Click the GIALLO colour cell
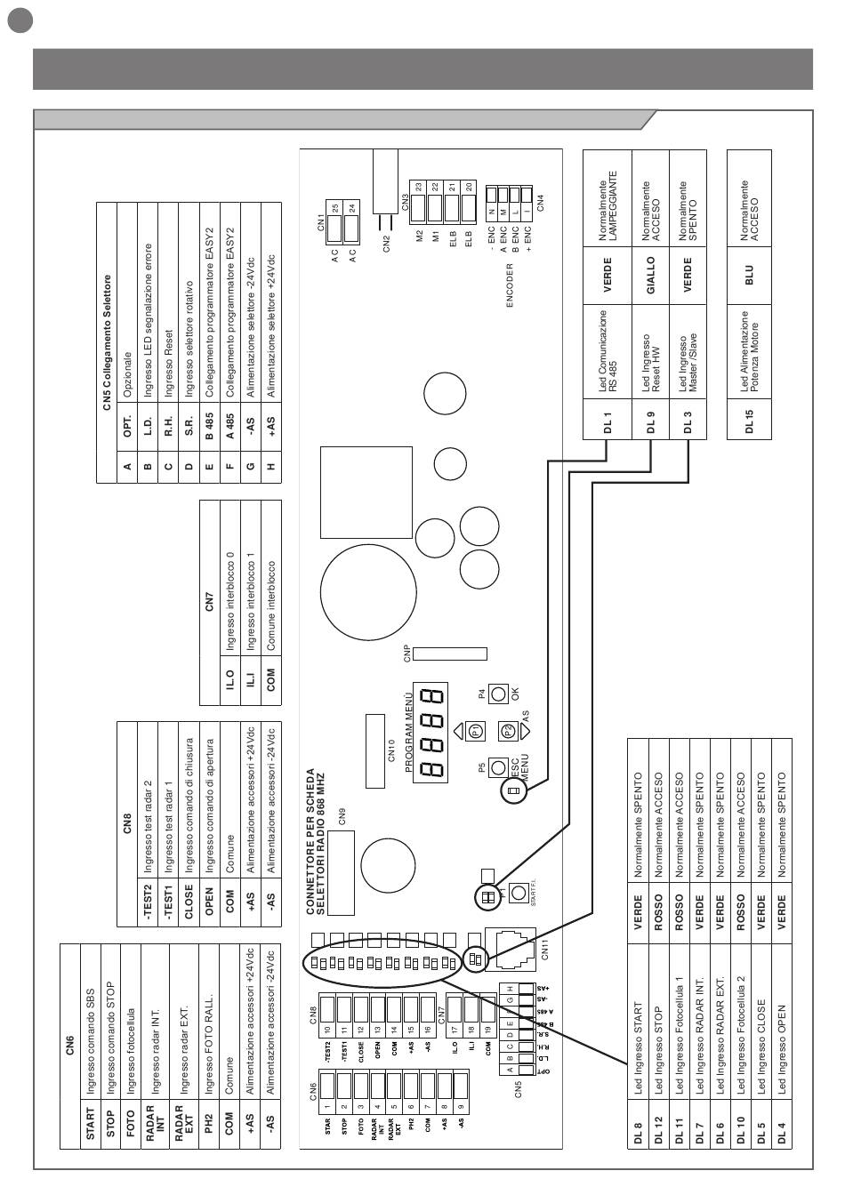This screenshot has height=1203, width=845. click(x=650, y=275)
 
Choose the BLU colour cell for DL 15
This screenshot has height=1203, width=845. click(x=749, y=275)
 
